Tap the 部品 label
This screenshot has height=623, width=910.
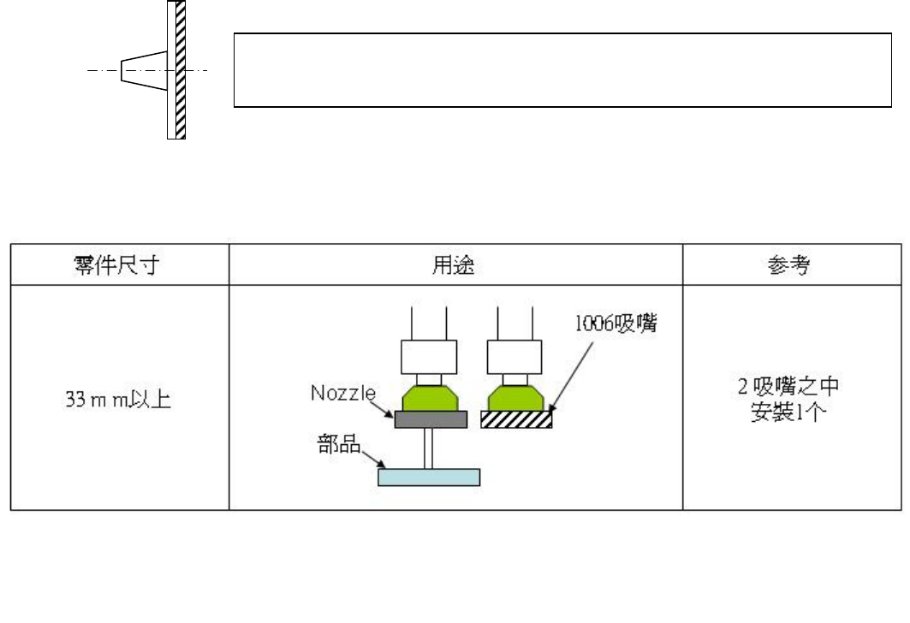[x=337, y=448]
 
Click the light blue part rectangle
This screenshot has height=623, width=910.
[x=429, y=477]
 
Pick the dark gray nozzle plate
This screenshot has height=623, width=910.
[x=431, y=418]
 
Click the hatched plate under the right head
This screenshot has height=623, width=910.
[x=516, y=418]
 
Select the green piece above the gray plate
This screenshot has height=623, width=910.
[x=429, y=398]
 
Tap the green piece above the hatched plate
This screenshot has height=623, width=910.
[x=514, y=398]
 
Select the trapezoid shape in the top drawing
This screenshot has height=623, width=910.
[x=143, y=69]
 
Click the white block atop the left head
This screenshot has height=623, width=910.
[x=429, y=356]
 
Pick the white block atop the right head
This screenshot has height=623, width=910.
[x=514, y=356]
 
